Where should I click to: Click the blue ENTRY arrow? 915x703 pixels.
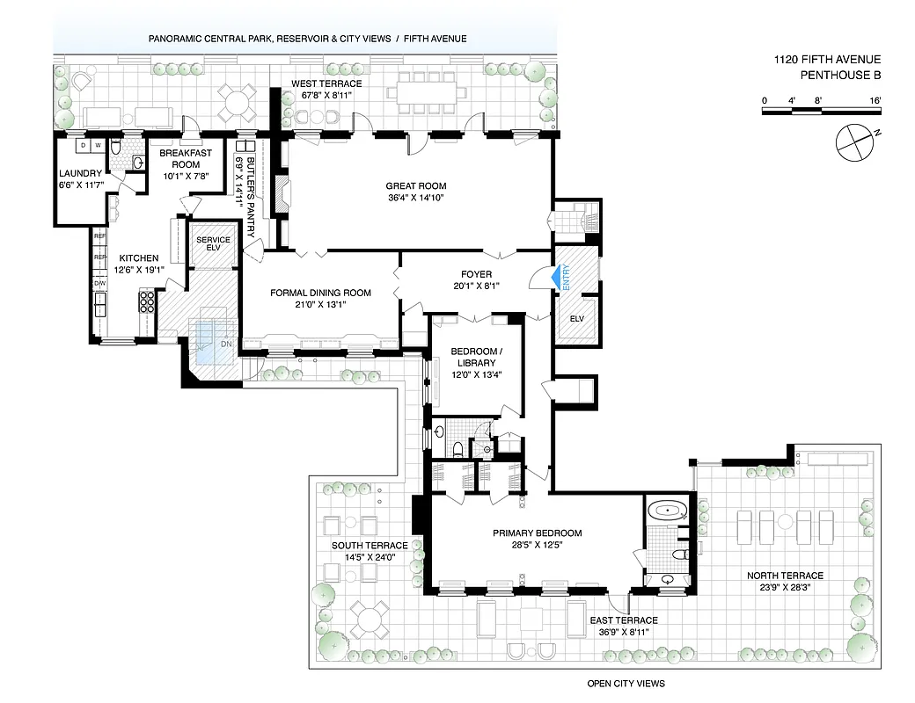pos(554,278)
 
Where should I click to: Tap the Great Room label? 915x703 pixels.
pos(415,185)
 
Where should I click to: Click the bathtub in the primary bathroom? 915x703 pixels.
pos(666,511)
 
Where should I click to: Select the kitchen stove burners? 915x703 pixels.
pos(147,301)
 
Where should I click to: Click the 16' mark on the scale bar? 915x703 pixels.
pos(875,101)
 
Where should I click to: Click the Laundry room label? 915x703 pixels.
pos(80,173)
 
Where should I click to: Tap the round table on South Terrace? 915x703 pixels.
pos(369,619)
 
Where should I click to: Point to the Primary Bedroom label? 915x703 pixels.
pos(537,533)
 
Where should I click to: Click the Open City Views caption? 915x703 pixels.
pos(626,684)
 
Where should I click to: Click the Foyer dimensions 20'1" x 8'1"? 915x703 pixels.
pos(475,286)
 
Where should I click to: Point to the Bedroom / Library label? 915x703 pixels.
pos(473,357)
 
